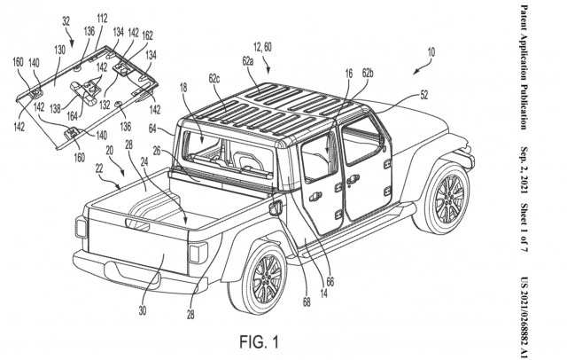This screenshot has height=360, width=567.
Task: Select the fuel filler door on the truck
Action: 273,208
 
